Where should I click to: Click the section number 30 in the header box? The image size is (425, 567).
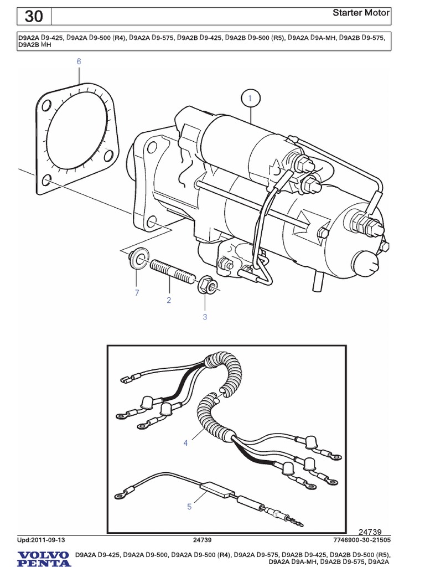pyautogui.click(x=34, y=17)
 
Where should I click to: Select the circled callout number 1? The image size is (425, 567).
pyautogui.click(x=250, y=99)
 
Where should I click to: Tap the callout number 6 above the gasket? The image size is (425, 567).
pyautogui.click(x=79, y=61)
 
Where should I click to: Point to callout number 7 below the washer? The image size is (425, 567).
pyautogui.click(x=136, y=292)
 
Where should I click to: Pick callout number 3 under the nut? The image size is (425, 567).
pyautogui.click(x=204, y=317)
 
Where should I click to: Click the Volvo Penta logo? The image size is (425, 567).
pyautogui.click(x=44, y=558)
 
